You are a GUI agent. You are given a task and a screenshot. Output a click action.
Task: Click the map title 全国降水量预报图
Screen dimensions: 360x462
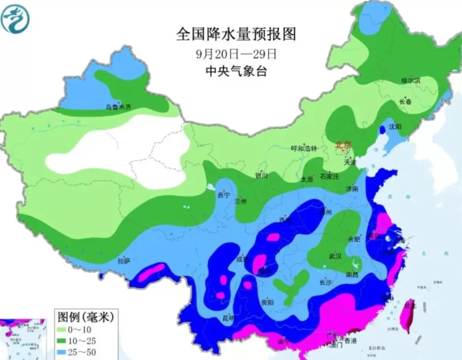click(x=236, y=34)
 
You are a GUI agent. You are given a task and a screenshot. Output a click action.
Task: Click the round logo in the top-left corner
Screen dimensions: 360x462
click(x=15, y=19)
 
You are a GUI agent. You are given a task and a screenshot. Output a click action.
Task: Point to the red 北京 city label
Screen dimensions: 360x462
click(x=344, y=145)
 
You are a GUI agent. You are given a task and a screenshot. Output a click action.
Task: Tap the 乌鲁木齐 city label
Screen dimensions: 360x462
click(x=118, y=107)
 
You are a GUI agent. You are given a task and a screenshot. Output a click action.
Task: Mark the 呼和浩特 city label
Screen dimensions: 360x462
click(x=304, y=148)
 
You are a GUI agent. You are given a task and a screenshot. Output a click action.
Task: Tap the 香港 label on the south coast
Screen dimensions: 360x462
click(x=350, y=340)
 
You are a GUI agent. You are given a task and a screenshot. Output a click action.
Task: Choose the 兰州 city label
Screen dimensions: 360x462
click(x=241, y=201)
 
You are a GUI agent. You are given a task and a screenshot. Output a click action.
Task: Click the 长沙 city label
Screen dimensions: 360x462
click(x=326, y=282)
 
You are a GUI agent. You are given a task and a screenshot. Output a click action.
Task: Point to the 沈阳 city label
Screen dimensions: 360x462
click(x=395, y=127)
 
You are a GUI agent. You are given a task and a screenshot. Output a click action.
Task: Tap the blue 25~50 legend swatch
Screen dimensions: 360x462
click(x=64, y=352)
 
